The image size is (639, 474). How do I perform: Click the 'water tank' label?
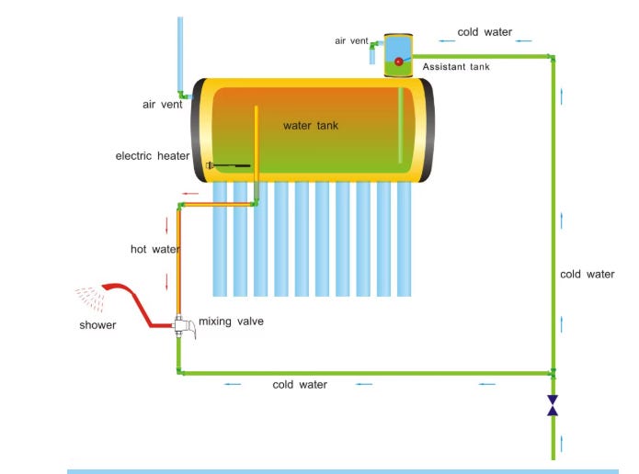click(x=311, y=126)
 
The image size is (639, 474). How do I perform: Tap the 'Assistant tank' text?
click(x=456, y=67)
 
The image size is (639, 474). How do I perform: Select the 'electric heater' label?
click(x=153, y=156)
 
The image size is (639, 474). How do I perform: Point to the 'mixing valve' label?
click(x=231, y=322)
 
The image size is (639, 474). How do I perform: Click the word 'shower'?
click(x=97, y=325)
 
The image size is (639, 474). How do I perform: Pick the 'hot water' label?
click(x=154, y=249)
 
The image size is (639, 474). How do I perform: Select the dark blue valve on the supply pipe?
click(x=553, y=405)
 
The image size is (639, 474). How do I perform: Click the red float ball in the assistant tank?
click(x=399, y=62)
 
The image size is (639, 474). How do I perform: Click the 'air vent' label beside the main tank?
click(x=162, y=105)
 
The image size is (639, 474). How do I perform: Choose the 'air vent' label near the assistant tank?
click(x=352, y=40)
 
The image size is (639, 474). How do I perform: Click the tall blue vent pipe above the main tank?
click(x=179, y=51)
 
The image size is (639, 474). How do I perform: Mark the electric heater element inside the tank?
click(x=230, y=165)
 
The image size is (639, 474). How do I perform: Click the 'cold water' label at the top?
click(x=485, y=32)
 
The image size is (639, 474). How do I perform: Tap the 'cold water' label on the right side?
click(x=588, y=275)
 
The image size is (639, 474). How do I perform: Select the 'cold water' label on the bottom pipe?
click(x=300, y=385)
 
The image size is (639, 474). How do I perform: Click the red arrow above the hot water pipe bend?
click(x=190, y=194)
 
